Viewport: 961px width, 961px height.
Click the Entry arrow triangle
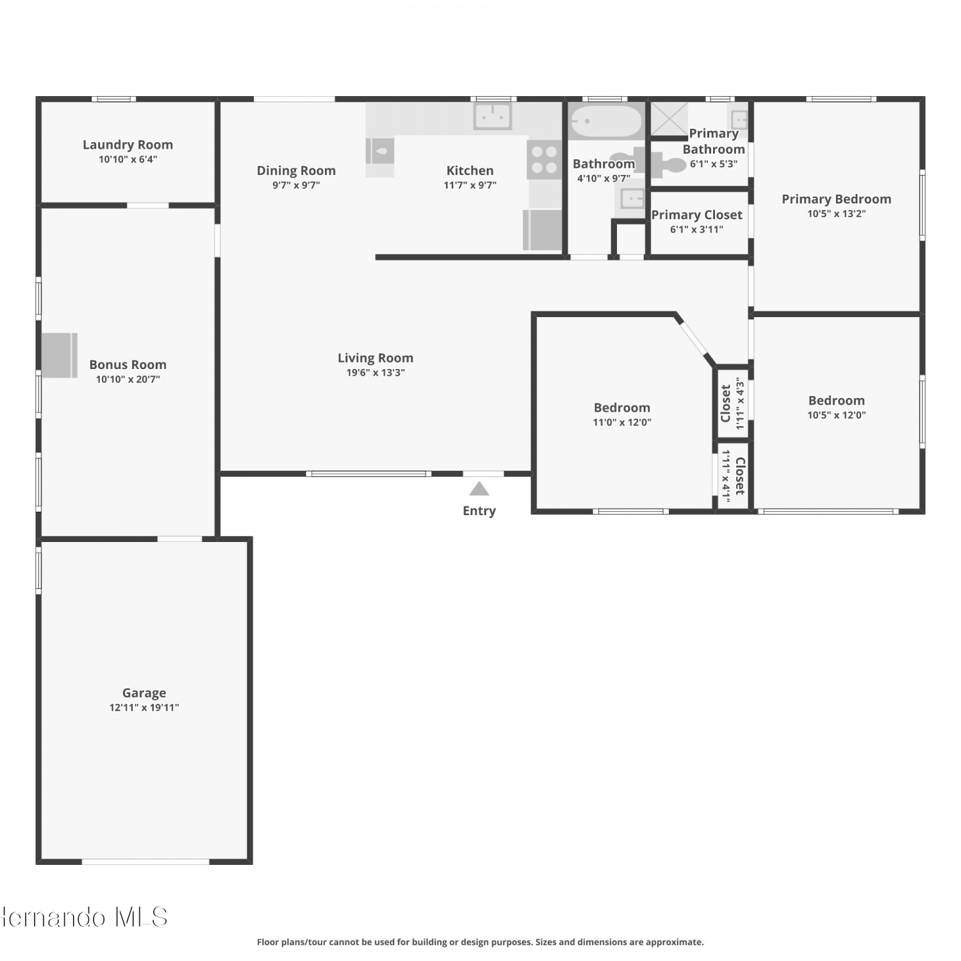tap(479, 489)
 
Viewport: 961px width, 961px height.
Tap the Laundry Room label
tap(127, 145)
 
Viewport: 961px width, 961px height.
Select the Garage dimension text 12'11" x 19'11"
tap(144, 707)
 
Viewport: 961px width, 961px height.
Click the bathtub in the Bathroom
tap(605, 122)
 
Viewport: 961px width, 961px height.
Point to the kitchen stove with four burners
tap(544, 160)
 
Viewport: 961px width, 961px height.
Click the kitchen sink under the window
tap(493, 117)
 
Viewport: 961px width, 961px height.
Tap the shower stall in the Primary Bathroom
tap(669, 119)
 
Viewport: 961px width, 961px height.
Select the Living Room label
tap(375, 358)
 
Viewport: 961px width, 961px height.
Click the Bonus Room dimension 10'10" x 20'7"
tap(127, 379)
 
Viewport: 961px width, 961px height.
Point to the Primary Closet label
tap(697, 215)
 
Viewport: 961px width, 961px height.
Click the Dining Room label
tap(296, 170)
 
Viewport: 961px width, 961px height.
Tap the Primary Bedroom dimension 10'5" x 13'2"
tap(837, 214)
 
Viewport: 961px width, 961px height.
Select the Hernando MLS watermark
tap(84, 917)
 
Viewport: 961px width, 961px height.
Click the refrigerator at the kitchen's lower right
tap(543, 230)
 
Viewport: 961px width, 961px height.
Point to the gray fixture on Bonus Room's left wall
tap(60, 355)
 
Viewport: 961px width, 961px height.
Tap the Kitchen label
tap(470, 170)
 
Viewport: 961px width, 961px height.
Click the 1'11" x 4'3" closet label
tap(732, 403)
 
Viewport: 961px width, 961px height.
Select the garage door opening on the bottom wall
tap(145, 862)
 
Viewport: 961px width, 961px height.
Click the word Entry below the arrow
tap(479, 511)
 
